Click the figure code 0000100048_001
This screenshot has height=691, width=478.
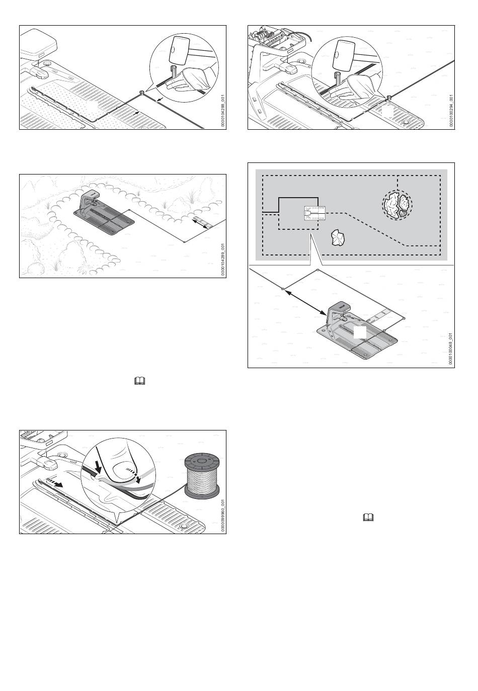click(x=451, y=347)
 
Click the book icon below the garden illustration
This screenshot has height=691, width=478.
click(x=138, y=382)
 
